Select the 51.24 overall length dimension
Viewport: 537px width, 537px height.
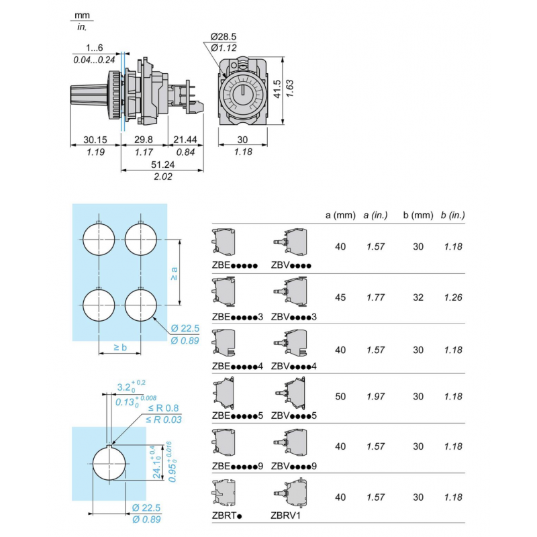[x=163, y=165]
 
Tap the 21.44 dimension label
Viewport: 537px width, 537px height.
[x=185, y=140]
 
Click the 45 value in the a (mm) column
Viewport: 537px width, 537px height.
[x=340, y=297]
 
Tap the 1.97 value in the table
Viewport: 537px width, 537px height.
[x=377, y=396]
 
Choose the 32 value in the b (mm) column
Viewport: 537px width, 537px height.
[x=418, y=297]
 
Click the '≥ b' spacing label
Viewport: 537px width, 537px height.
[x=120, y=348]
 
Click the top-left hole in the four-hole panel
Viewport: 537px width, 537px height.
[x=99, y=238]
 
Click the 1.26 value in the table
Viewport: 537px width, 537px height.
[x=453, y=297]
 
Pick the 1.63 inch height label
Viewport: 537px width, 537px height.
[x=290, y=87]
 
